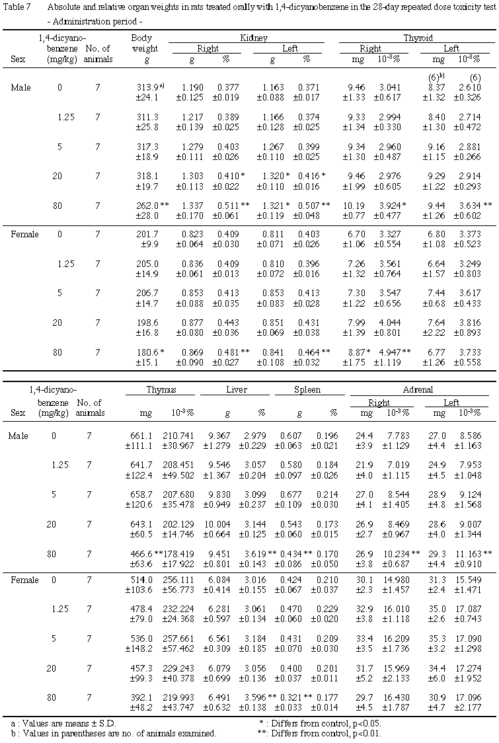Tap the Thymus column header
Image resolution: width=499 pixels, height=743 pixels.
[162, 390]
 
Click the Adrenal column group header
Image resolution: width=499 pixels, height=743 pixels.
[419, 390]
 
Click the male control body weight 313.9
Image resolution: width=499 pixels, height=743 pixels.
[147, 87]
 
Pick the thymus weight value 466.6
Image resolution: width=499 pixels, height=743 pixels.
[141, 553]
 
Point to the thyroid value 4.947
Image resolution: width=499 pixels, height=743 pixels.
[387, 353]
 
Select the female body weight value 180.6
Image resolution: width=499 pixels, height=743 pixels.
[146, 353]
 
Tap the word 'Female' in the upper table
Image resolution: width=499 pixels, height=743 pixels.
[25, 235]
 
